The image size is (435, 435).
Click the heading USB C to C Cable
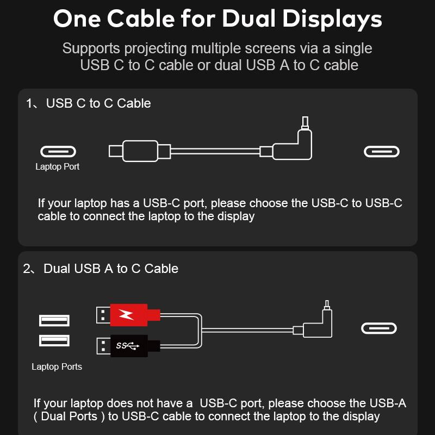pos(98,103)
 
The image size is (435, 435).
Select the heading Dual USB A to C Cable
pos(111,269)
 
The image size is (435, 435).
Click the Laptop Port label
pos(57,167)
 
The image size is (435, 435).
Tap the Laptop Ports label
pos(57,367)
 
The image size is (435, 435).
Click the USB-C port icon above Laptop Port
pos(58,152)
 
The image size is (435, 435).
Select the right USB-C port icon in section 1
pos(381,152)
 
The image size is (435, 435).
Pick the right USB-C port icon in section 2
pos(379,328)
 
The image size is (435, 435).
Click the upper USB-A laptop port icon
pos(54,320)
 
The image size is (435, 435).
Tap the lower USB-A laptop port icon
pos(54,341)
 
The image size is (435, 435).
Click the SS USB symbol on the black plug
pos(127,346)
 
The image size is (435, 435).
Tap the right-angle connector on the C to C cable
pos(294,146)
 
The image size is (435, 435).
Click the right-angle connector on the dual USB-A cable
pos(318,327)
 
